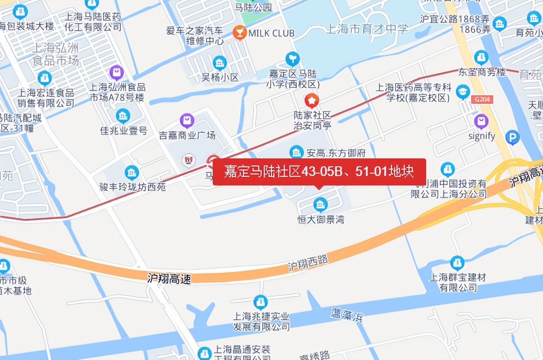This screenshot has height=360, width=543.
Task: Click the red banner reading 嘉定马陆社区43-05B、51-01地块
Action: (319, 172)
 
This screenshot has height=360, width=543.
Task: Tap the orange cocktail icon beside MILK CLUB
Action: (240, 32)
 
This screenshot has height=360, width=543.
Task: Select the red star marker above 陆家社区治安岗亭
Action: (311, 100)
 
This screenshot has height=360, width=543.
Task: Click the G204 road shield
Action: (482, 99)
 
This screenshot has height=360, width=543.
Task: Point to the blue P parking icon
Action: (512, 138)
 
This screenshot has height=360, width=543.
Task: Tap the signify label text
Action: (481, 136)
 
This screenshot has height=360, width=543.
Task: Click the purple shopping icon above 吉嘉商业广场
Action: (187, 120)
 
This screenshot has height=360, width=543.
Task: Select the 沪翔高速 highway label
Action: (169, 278)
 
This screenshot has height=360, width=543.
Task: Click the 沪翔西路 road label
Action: (308, 264)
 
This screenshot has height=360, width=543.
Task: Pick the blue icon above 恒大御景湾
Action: (320, 204)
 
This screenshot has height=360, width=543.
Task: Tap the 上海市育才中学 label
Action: (367, 29)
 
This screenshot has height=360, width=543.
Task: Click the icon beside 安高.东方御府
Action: (296, 152)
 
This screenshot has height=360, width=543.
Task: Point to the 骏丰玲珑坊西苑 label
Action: (132, 187)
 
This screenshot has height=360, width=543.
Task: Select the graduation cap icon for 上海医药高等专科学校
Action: (463, 92)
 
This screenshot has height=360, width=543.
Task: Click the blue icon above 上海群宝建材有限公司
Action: (457, 263)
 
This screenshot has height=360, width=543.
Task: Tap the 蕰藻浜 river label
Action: (347, 315)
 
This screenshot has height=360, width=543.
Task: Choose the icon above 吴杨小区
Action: (220, 62)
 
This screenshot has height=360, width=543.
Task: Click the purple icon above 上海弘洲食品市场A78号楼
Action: (116, 72)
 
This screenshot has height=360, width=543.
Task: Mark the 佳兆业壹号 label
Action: (124, 130)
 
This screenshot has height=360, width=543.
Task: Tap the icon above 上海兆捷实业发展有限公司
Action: (260, 302)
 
